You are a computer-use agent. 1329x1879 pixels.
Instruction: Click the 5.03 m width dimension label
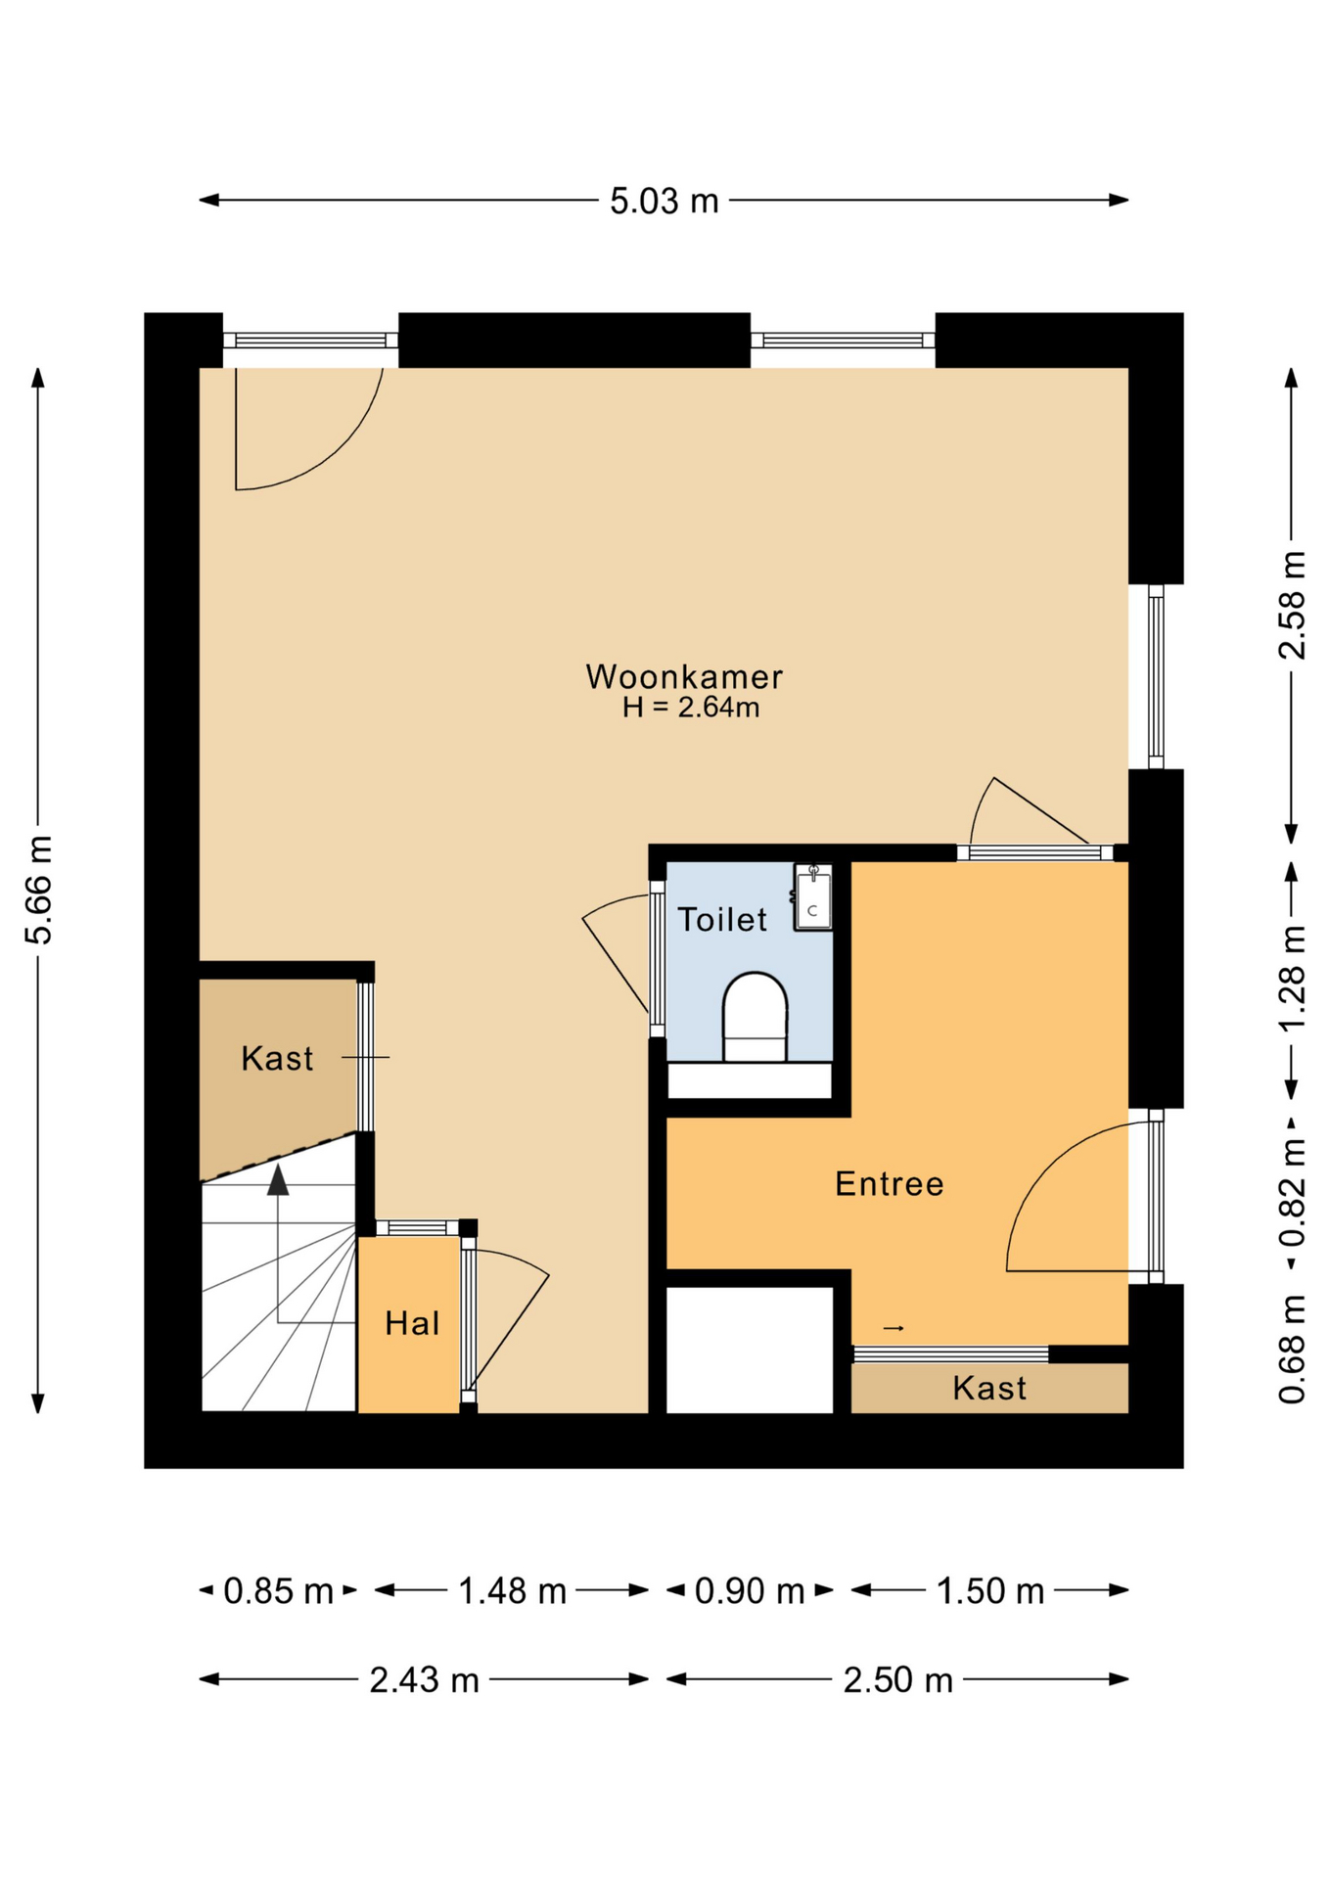[x=664, y=202]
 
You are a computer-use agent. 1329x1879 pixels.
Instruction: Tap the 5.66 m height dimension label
[x=38, y=891]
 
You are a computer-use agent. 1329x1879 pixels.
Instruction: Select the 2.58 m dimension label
[x=1292, y=605]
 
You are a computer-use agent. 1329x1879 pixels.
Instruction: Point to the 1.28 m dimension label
[x=1292, y=978]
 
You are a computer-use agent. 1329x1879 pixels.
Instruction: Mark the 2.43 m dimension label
[x=424, y=1680]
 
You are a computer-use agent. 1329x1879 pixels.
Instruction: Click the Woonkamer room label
[x=684, y=676]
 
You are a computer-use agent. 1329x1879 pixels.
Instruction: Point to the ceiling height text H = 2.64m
[x=691, y=708]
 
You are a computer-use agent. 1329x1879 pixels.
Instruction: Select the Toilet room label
[x=722, y=920]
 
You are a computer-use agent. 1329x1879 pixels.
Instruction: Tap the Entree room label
[x=889, y=1184]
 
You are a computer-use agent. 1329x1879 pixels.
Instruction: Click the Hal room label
[x=412, y=1324]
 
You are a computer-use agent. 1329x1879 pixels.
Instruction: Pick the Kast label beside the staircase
[x=277, y=1059]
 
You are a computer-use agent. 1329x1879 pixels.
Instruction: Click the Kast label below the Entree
[x=989, y=1389]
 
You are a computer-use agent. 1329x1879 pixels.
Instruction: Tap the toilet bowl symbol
[x=755, y=1017]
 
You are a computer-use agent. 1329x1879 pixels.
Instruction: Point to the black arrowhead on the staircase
[x=278, y=1180]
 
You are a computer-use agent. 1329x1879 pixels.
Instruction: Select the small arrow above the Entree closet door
[x=894, y=1328]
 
